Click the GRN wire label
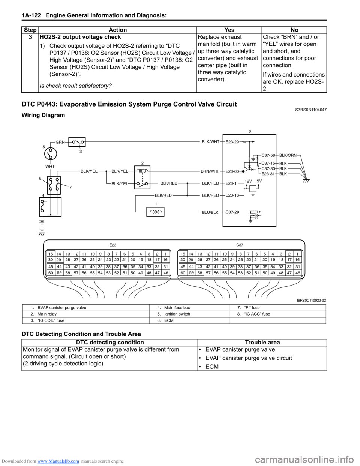coord(60,142)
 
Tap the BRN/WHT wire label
coord(210,171)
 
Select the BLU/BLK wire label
coord(210,213)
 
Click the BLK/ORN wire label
coord(288,155)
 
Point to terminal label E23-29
coord(232,142)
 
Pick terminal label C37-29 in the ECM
coord(232,212)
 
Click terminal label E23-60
coord(232,171)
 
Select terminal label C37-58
coord(268,155)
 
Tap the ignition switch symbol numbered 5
coord(50,153)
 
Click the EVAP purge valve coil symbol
coord(156,212)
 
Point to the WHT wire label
coord(50,167)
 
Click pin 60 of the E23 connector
coord(50,273)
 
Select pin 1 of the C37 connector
coord(297,254)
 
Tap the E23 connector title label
coord(113,245)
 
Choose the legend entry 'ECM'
coord(169,320)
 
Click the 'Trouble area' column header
coord(262,342)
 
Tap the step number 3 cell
coord(30,37)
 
